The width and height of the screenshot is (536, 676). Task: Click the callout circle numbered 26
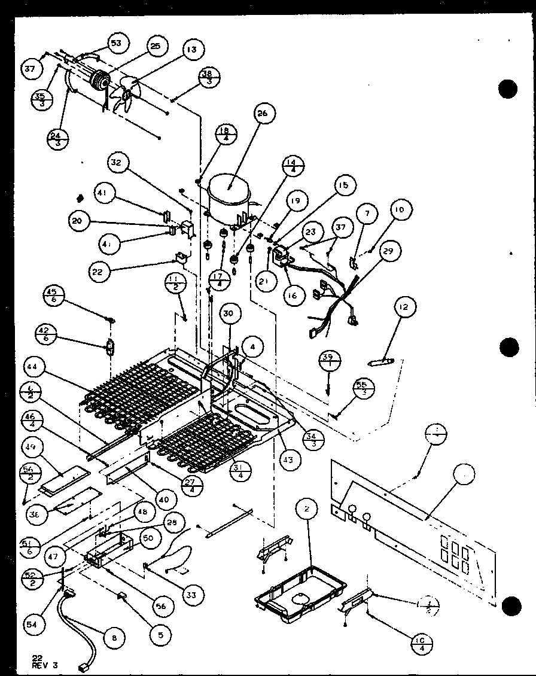[x=265, y=114]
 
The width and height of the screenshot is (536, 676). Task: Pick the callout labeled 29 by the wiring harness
[x=388, y=252]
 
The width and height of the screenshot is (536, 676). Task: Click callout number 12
[x=405, y=308]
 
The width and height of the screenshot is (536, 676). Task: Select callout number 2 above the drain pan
[x=306, y=509]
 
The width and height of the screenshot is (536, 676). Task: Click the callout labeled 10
[x=399, y=209]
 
